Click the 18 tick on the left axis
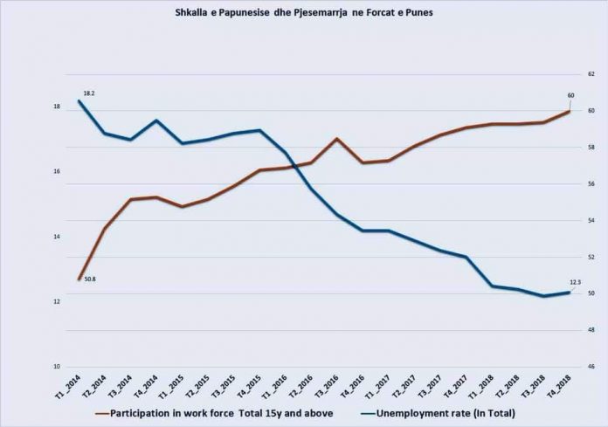point(56,107)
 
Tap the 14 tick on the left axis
point(56,238)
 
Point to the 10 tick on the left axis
point(56,368)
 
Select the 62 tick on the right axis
point(591,75)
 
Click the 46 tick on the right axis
point(591,368)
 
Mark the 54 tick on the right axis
point(591,221)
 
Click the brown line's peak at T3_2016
point(337,139)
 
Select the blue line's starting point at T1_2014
point(79,100)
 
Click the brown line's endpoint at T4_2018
point(569,111)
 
